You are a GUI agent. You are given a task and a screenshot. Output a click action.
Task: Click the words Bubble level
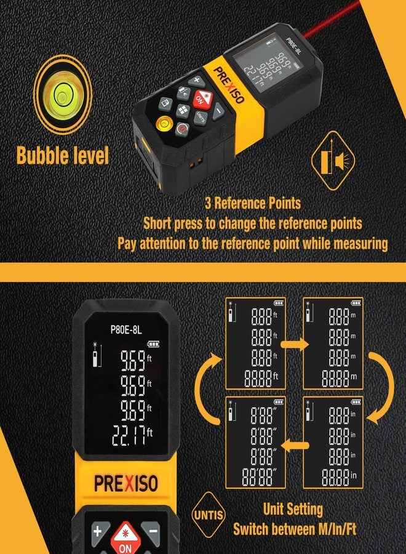[x=63, y=155]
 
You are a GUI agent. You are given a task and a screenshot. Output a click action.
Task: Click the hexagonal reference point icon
[x=332, y=162]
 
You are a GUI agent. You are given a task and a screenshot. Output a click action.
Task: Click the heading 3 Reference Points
[x=252, y=203]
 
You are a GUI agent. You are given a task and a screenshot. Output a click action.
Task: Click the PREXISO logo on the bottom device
[x=126, y=482]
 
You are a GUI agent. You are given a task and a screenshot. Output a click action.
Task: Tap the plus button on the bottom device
[x=97, y=531]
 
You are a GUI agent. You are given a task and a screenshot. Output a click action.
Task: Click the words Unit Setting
[x=293, y=509]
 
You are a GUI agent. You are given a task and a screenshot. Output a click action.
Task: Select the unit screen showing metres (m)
[x=333, y=343]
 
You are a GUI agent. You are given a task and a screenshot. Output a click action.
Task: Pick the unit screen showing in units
[x=333, y=442]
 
